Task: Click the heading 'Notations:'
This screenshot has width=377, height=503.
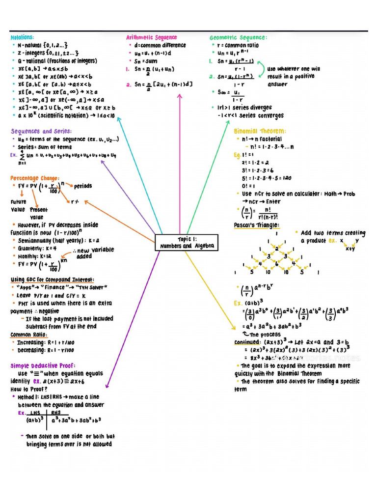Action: (23, 37)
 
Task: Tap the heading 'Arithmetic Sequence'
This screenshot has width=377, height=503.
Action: (151, 37)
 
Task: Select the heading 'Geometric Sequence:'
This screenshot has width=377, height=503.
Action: (238, 37)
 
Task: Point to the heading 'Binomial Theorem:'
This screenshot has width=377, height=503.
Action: (260, 131)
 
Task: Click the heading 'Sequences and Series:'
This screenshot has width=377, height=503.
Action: (41, 131)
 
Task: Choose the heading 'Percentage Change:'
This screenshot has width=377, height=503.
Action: (35, 178)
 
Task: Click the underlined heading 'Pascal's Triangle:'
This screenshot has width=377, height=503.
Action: (256, 225)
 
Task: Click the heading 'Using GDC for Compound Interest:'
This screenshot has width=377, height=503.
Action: (52, 279)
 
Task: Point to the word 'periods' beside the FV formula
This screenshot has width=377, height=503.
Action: (83, 186)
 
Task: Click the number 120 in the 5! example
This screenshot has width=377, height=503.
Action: (287, 178)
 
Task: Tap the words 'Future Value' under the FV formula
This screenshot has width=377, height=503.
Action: (18, 206)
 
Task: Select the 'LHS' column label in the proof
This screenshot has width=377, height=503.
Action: (35, 413)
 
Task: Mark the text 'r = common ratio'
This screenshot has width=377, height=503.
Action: (242, 45)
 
